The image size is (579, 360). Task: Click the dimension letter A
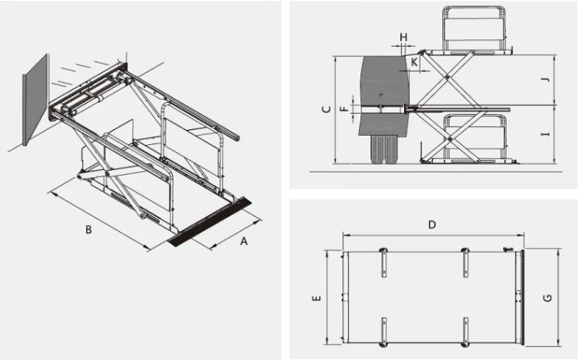243,241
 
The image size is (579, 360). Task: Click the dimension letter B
88,229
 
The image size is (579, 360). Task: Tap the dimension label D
432,225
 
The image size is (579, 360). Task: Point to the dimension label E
317,298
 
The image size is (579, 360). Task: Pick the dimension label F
344,109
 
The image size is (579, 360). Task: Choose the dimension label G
548,298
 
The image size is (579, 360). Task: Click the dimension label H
403,38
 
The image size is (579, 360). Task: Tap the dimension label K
414,62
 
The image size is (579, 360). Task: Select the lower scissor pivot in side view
449,139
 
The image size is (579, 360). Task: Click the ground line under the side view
436,172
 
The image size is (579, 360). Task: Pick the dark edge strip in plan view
522,298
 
